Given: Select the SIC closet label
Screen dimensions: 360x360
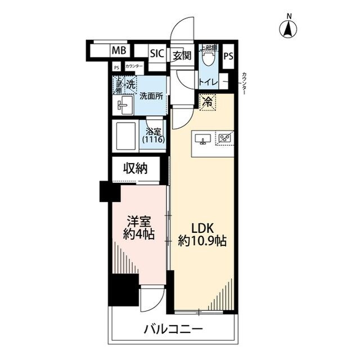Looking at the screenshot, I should [156, 54].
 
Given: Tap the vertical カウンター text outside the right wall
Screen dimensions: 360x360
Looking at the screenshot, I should [244, 84].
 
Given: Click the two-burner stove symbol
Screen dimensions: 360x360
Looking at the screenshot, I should [226, 138].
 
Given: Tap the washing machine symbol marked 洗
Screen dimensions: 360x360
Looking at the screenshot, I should [130, 85].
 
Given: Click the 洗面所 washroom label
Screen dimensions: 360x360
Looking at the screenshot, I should [151, 96].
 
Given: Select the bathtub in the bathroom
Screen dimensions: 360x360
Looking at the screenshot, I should [126, 135].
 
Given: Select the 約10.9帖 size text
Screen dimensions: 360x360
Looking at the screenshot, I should [202, 242].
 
